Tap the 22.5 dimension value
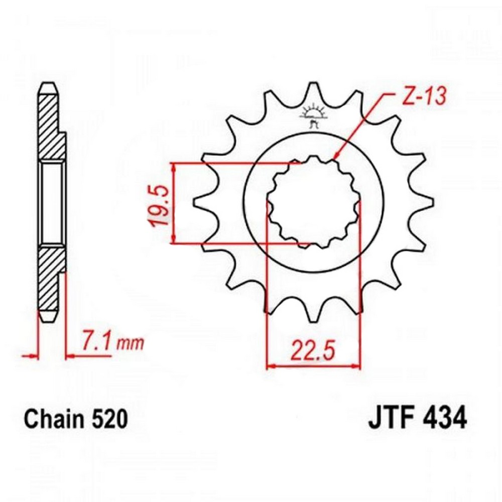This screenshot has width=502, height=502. (x=313, y=350)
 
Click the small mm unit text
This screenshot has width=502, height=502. (x=131, y=344)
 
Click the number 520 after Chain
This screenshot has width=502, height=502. (x=109, y=419)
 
